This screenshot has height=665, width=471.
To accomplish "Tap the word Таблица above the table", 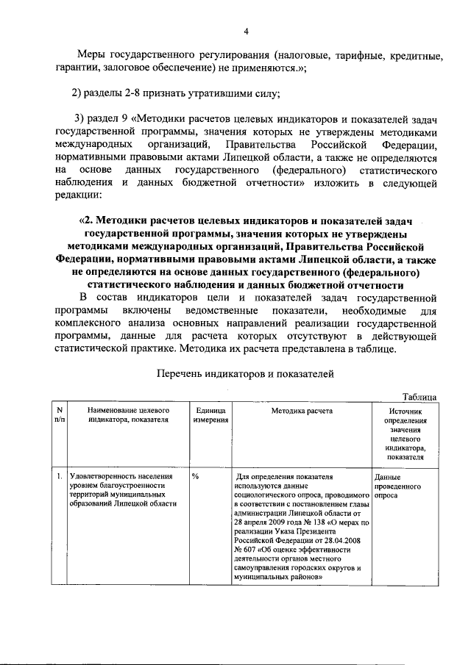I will coord(419,397).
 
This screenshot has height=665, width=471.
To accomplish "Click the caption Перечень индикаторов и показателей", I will coord(246,374).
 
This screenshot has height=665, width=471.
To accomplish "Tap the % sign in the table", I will coord(196,476).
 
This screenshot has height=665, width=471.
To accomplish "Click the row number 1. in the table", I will coord(59,476).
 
